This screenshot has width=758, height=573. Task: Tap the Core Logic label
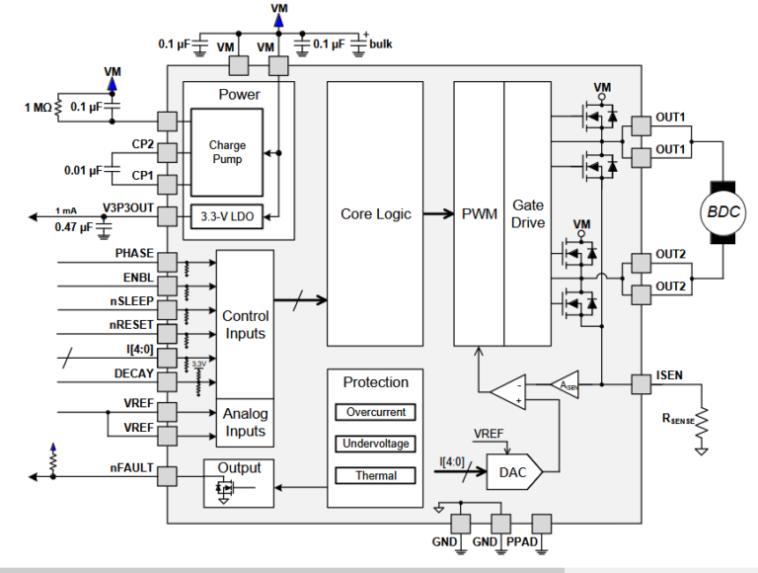tap(375, 213)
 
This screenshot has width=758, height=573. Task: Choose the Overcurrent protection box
tap(375, 412)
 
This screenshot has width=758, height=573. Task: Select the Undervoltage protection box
tap(375, 444)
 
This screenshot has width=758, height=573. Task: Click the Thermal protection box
tap(375, 475)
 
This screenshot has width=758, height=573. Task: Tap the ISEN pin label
tap(670, 374)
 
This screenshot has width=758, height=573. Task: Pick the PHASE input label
tap(133, 254)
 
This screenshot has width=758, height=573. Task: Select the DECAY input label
tap(133, 372)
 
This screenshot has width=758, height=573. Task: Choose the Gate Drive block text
tap(527, 213)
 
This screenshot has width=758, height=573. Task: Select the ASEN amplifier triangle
tap(567, 384)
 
